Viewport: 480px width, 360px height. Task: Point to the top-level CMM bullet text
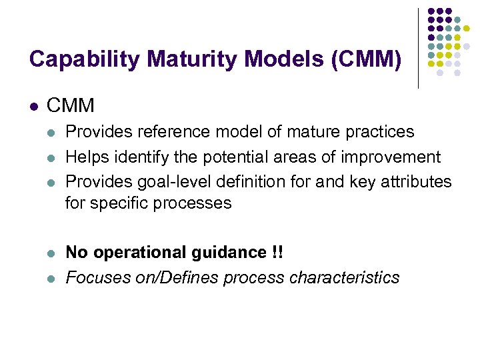pos(71,105)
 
